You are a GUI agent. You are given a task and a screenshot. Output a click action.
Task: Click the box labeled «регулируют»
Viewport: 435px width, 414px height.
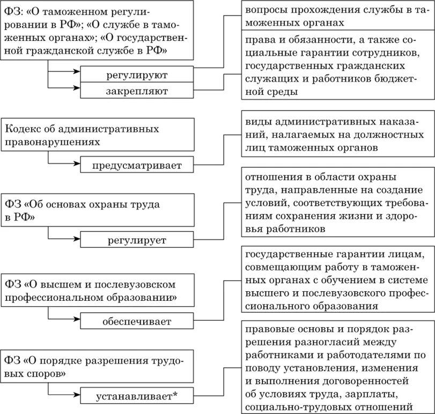[x=137, y=75]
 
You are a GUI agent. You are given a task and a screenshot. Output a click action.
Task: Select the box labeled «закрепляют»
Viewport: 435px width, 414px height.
[x=137, y=91]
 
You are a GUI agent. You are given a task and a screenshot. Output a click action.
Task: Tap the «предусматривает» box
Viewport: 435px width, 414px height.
[x=137, y=165]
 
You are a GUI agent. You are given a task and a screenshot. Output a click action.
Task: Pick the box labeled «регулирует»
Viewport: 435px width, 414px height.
[x=137, y=240]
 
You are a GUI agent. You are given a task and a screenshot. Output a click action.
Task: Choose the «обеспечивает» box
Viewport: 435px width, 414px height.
[x=137, y=322]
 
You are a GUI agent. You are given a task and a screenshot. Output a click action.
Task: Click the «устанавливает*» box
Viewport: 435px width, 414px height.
[x=137, y=397]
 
